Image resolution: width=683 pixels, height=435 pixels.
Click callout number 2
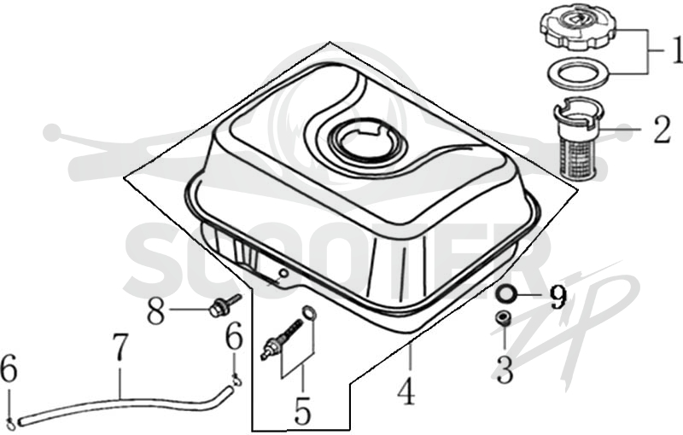(662, 130)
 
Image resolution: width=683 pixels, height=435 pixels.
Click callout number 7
(120, 347)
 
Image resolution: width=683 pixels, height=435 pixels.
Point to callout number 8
(155, 310)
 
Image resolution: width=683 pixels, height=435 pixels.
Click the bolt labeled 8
(225, 305)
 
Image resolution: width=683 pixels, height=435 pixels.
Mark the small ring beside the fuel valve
(308, 312)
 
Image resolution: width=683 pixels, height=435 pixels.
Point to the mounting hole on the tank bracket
(283, 273)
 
